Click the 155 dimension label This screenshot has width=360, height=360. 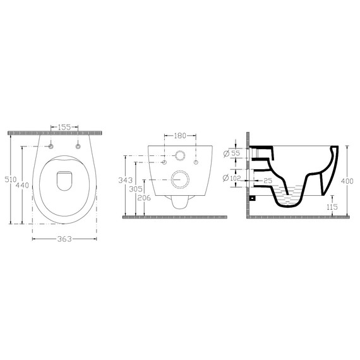coord(64,127)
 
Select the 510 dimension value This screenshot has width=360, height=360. coord(11,179)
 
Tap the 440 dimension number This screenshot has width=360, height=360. coord(22,185)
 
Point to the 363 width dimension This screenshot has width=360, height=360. coord(64,239)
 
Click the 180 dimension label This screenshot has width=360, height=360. coord(180,136)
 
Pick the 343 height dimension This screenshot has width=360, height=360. coord(125,180)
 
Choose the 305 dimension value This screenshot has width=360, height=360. coord(136,189)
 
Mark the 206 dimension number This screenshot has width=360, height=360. coord(144,198)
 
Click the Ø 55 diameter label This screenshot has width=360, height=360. coord(232,153)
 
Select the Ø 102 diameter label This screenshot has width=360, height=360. coord(232,178)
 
